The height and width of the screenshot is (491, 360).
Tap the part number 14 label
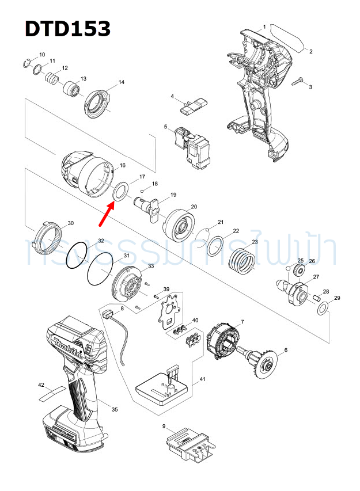coord(121,82)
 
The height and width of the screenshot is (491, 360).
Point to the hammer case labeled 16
coord(85,172)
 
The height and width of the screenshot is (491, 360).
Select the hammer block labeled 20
coord(179,226)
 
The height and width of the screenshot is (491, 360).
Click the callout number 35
coord(115,409)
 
